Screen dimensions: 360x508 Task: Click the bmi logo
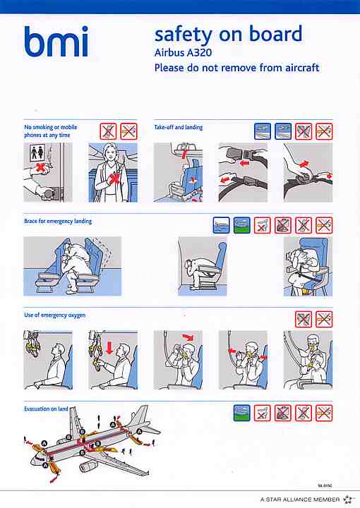[56, 41]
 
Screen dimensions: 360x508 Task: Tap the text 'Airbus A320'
[183, 52]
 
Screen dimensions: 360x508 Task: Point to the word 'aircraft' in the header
[302, 68]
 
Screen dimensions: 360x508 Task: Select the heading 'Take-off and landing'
[179, 127]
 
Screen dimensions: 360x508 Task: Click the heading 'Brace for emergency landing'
[58, 222]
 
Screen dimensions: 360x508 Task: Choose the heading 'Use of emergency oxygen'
[55, 315]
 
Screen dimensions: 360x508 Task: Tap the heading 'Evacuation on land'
[46, 409]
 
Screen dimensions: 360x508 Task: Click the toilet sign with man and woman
[37, 153]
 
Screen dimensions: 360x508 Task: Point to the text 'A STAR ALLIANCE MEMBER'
[300, 500]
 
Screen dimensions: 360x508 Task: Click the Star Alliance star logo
[348, 500]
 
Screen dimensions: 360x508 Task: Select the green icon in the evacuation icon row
[241, 413]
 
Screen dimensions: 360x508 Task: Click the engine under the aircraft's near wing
[88, 467]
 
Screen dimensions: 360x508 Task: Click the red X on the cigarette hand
[40, 167]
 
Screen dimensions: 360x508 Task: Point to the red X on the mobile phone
[114, 179]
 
